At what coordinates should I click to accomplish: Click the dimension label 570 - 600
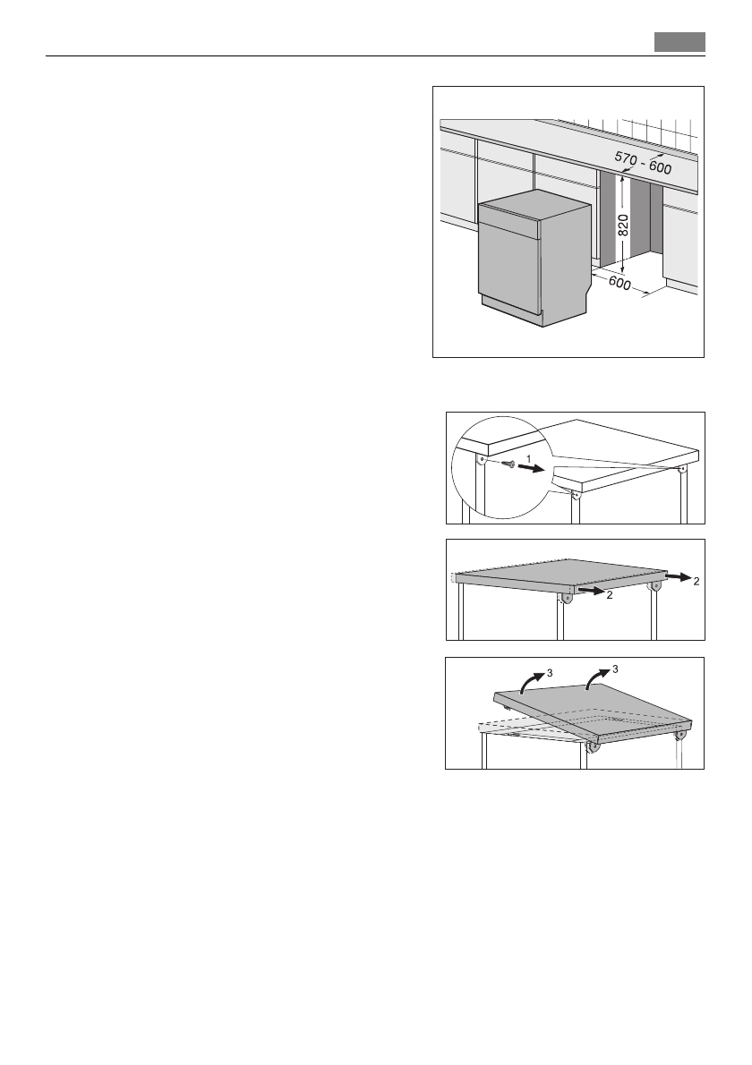click(643, 163)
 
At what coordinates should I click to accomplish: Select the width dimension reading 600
click(620, 285)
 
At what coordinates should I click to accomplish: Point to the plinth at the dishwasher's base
click(510, 318)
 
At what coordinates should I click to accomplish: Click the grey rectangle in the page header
click(679, 42)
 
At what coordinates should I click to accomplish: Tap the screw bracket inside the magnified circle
click(482, 460)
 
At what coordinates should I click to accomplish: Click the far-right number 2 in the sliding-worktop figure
click(695, 582)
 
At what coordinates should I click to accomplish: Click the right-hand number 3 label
click(614, 669)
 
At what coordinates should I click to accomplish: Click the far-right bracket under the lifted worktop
click(682, 736)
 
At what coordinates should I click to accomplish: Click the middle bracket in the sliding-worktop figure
click(567, 597)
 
